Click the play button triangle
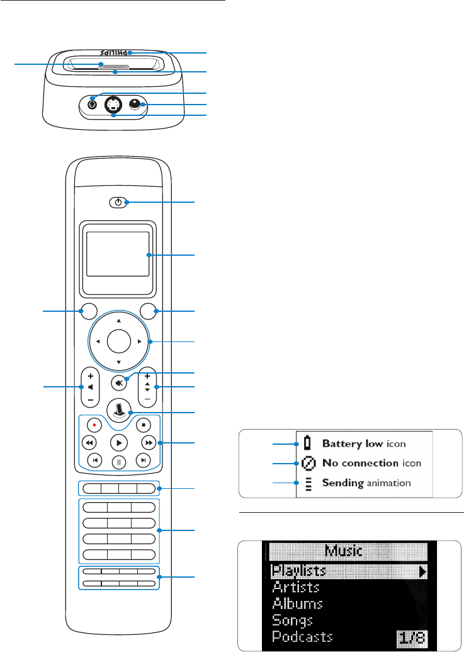point(118,442)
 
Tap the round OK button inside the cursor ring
point(118,342)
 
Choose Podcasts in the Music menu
point(303,636)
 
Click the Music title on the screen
point(344,551)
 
